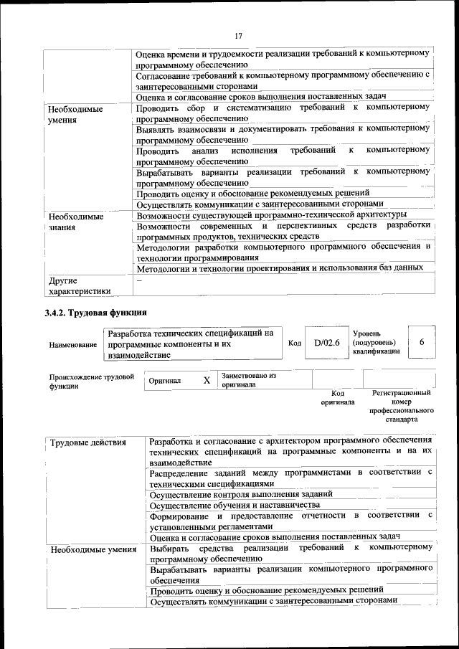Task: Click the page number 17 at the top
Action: click(239, 36)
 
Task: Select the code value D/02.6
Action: click(326, 343)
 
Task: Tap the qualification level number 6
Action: click(422, 343)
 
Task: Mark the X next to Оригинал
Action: click(207, 381)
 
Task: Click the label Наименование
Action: click(73, 345)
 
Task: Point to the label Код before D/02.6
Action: click(294, 344)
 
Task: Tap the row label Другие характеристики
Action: click(79, 285)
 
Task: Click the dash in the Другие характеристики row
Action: click(140, 281)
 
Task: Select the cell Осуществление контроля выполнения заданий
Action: click(241, 493)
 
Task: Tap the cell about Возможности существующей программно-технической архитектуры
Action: click(271, 214)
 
